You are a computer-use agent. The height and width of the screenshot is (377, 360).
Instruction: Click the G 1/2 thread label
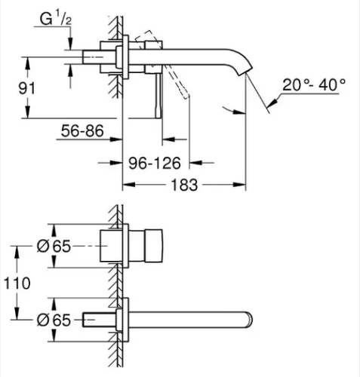tap(56, 19)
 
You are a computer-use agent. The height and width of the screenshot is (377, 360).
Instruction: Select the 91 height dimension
tap(27, 88)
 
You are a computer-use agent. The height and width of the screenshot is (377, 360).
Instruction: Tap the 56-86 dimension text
tap(82, 131)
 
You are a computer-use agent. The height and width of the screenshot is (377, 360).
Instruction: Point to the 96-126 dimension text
tap(155, 163)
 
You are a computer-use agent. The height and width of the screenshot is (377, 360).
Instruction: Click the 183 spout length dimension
tap(184, 185)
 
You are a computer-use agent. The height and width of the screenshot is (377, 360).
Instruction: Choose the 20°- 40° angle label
tap(314, 84)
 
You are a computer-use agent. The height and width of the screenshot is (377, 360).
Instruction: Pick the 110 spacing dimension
tap(17, 284)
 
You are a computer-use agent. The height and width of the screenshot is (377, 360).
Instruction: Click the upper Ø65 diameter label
tap(54, 247)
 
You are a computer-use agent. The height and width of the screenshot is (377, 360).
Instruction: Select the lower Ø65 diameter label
tap(54, 320)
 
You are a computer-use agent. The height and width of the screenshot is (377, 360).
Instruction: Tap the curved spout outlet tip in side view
tap(245, 71)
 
